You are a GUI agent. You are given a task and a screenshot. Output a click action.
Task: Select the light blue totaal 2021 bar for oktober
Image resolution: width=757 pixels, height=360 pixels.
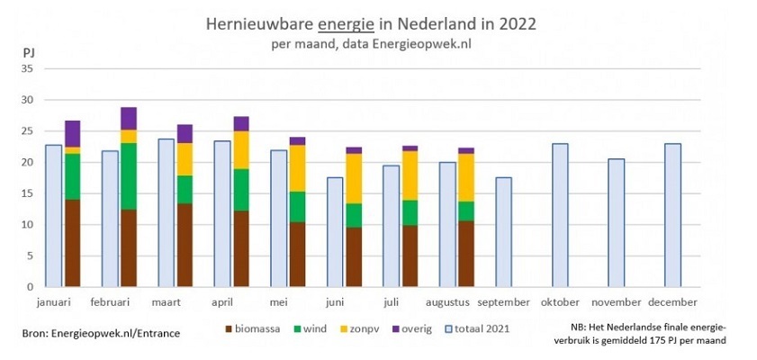560,215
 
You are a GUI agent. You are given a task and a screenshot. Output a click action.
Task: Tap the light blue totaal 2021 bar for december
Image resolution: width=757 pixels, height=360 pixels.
671,215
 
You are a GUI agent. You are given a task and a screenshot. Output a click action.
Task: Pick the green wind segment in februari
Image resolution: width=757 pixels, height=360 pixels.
128,176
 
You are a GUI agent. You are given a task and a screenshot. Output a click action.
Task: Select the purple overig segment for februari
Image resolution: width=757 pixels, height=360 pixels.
128,119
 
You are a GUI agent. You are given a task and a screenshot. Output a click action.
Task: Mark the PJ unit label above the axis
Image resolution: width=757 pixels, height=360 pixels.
28,52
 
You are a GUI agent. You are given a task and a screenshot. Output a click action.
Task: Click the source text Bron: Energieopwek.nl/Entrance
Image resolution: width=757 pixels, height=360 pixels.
101,333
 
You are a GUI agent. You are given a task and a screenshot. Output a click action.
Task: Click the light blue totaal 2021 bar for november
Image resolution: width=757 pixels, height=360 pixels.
616,223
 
